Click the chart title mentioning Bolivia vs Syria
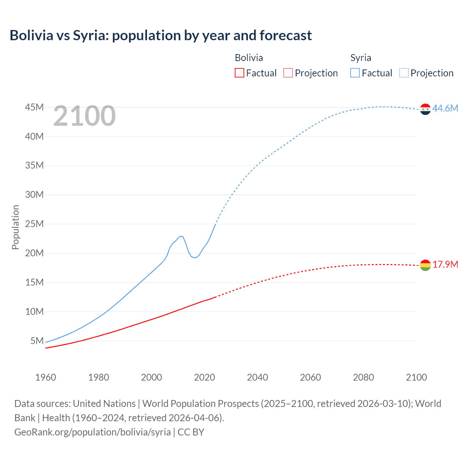click(x=161, y=35)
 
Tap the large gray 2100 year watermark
click(x=84, y=116)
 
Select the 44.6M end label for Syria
click(x=445, y=108)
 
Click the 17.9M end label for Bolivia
click(x=445, y=264)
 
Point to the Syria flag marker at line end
click(x=425, y=109)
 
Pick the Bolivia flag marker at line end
click(x=425, y=265)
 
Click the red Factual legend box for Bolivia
click(x=239, y=73)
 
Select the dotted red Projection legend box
click(x=288, y=73)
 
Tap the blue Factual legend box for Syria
click(x=355, y=73)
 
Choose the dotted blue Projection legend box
click(x=404, y=73)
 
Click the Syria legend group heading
click(x=361, y=58)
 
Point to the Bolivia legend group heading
click(x=249, y=58)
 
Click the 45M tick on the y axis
click(x=34, y=107)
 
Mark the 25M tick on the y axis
click(x=34, y=224)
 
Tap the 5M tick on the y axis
click(x=37, y=341)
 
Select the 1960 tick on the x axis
click(x=45, y=377)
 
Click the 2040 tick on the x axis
click(x=257, y=377)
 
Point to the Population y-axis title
click(x=15, y=227)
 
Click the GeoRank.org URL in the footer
click(x=93, y=432)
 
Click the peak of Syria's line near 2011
click(x=181, y=236)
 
